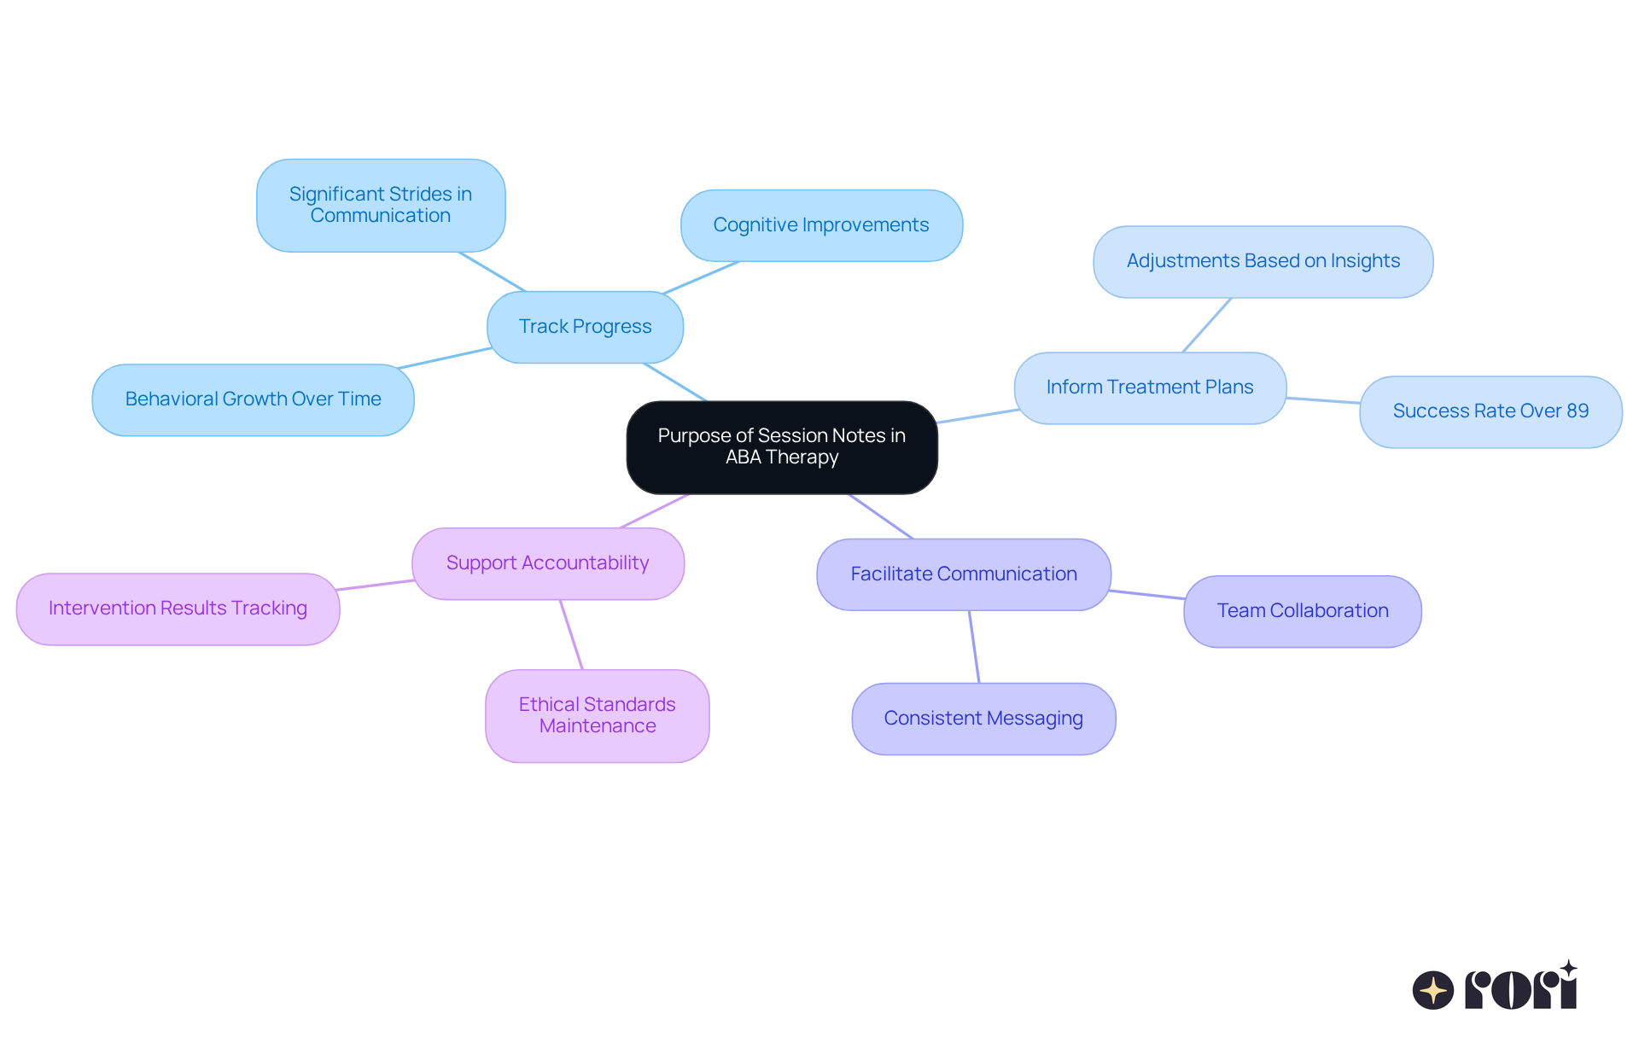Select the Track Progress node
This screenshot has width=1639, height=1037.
(x=585, y=327)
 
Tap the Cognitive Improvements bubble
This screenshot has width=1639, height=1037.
(x=821, y=225)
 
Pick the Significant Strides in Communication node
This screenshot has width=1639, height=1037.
(x=381, y=205)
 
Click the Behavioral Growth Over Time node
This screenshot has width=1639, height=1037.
(x=253, y=399)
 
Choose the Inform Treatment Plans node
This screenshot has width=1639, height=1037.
(x=1150, y=387)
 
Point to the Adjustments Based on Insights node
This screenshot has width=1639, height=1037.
(x=1263, y=261)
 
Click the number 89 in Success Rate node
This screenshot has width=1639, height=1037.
(x=1578, y=411)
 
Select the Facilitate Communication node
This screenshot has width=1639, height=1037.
(x=964, y=574)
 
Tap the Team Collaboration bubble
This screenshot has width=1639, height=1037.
(x=1303, y=611)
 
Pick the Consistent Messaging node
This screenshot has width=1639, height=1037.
(x=983, y=719)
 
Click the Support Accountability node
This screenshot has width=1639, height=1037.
(x=547, y=563)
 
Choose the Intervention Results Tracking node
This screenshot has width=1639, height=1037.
(x=178, y=609)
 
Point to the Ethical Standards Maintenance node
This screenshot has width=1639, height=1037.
(x=598, y=715)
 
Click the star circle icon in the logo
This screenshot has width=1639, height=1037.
(x=1432, y=990)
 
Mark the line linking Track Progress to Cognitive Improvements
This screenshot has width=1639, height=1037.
(x=701, y=277)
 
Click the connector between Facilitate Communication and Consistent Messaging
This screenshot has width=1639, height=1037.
(x=974, y=647)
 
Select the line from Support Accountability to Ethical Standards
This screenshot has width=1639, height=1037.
(x=571, y=634)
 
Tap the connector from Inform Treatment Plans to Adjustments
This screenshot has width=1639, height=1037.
(x=1206, y=325)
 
